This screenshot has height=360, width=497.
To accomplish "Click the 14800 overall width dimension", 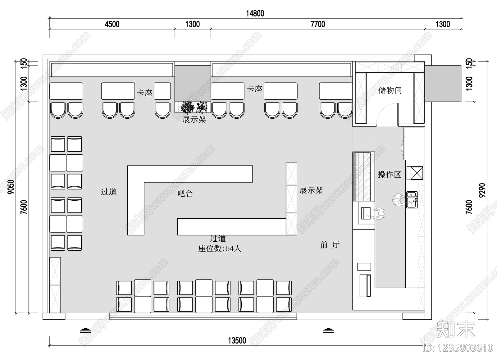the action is pos(255,14).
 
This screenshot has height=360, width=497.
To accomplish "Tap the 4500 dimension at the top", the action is pos(112,24).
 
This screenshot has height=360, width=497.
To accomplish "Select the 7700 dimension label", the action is pos(318,24).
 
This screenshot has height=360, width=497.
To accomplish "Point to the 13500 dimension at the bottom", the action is pos(237,340).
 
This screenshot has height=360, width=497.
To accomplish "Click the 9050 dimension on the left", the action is pos(11,187).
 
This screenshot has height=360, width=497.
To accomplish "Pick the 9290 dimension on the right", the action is pos(482,190).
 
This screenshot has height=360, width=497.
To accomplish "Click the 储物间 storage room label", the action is pos(390,90).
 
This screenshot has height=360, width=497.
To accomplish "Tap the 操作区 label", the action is pos(390,175).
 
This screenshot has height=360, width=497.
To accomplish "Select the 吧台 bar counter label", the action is pos(185,194).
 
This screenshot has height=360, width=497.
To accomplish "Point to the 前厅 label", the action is pos(330,245).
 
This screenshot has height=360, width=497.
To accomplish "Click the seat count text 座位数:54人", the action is pos(220,249).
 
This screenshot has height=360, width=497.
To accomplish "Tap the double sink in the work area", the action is pos(412,200).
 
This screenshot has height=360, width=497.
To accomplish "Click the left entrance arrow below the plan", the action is pos(86,330).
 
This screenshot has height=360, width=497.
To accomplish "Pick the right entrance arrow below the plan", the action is pos(328,330).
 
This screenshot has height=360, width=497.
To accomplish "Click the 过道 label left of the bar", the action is pos(109,192).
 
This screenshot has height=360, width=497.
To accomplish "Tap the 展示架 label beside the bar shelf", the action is pos(311,190).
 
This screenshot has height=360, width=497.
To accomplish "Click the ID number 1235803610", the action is pos(458,348).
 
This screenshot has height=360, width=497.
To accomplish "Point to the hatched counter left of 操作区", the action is pos(362,176).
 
